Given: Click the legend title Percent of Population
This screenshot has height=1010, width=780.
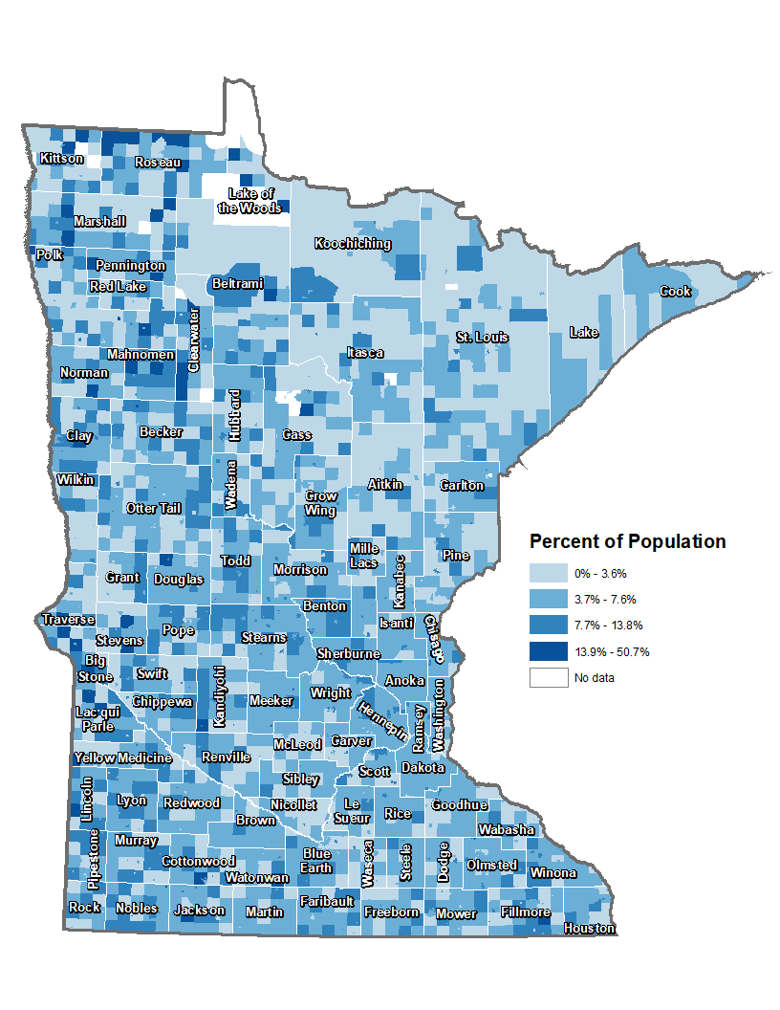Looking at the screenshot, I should click(627, 542).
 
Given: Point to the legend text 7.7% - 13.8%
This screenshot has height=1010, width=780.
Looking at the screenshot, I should click(608, 626).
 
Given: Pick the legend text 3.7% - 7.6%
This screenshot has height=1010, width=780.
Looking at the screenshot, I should click(605, 600).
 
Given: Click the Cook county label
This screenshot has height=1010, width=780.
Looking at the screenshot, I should click(675, 291).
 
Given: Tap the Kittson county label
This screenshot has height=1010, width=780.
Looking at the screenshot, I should click(61, 159).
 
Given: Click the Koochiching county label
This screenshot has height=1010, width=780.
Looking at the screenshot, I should click(353, 244).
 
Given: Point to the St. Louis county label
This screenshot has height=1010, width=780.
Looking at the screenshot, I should click(482, 338).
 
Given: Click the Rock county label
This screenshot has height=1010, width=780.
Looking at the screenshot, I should click(84, 907).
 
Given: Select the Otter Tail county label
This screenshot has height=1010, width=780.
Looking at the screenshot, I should click(153, 508).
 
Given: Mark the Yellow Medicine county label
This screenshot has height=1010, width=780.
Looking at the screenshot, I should click(122, 758).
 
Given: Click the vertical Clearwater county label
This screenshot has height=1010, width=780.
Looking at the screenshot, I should click(194, 340).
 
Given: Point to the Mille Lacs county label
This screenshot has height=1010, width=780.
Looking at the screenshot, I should click(364, 556).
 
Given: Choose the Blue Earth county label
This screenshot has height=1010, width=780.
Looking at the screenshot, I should click(316, 861).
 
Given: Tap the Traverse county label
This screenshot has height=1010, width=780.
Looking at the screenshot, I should click(68, 620).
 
